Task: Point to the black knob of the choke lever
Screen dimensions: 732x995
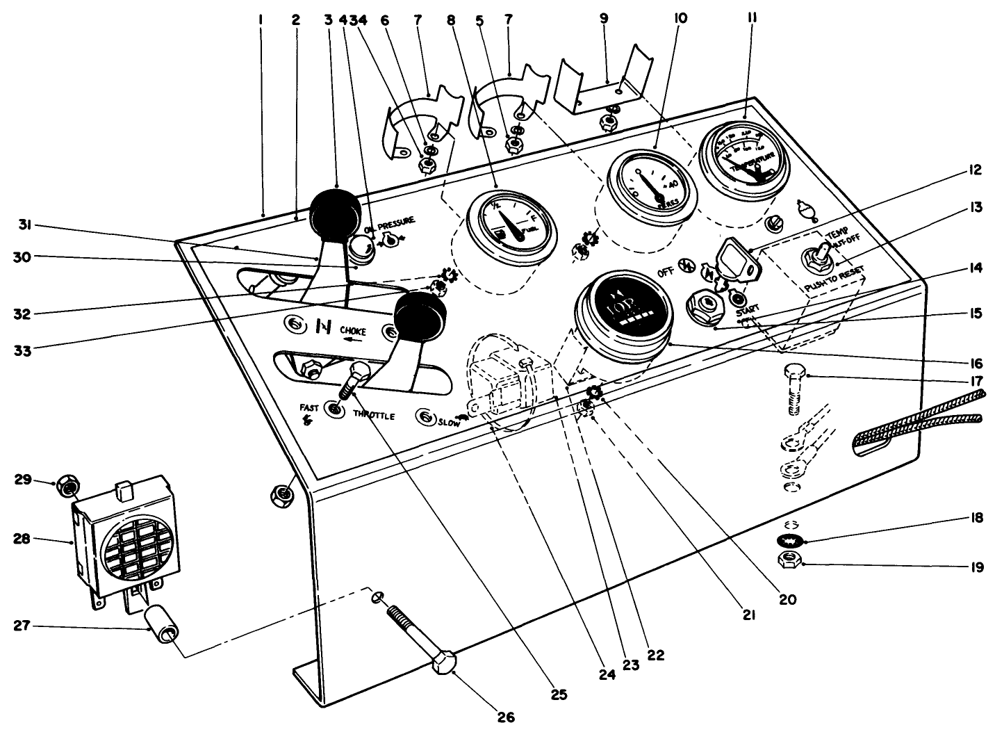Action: [336, 212]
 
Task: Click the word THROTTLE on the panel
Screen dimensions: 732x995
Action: [374, 415]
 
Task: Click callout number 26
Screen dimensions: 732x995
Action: [506, 717]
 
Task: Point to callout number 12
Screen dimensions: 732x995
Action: [975, 170]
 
